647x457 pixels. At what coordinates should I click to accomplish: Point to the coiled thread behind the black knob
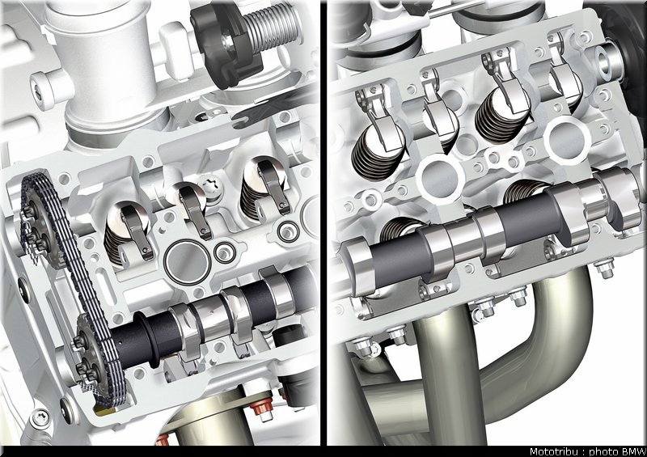(269, 28)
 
